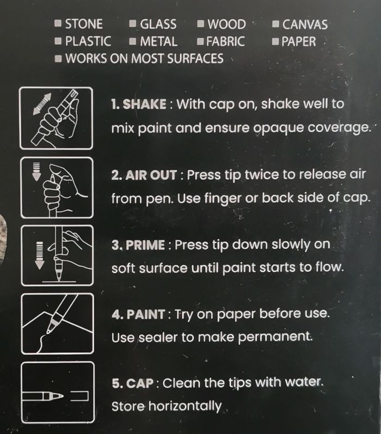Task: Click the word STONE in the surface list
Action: point(84,24)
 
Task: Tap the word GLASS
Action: point(158,24)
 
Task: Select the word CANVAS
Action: point(305,25)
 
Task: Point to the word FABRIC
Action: point(225,41)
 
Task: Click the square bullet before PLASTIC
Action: point(58,41)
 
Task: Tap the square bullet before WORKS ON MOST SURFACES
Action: point(58,59)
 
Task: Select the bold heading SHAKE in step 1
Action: point(144,104)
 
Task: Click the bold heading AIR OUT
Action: point(151,175)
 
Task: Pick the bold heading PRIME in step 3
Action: point(145,245)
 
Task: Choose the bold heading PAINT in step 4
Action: point(146,314)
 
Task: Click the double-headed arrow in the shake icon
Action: point(42,104)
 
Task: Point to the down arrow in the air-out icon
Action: point(36,172)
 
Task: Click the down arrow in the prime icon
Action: point(40,255)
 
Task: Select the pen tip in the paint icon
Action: point(50,329)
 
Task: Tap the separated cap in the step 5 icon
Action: point(79,396)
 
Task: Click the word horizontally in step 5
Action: point(185,406)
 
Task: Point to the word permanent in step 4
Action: point(275,337)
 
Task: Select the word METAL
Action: point(159,41)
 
